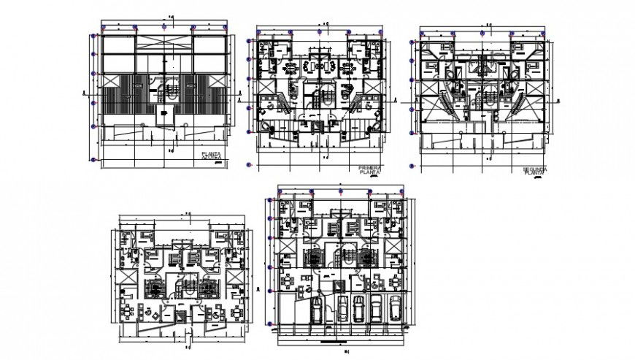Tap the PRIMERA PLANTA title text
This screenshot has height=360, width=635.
[370, 170]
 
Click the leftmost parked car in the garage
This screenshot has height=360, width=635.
[317, 308]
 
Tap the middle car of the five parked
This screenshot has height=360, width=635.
[358, 308]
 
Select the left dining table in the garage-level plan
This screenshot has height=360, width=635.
[290, 281]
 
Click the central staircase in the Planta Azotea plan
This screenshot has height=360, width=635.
[170, 93]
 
